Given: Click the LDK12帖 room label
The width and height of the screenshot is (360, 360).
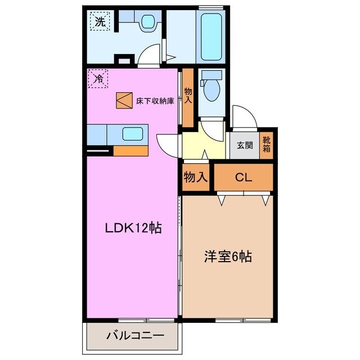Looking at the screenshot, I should (133, 228).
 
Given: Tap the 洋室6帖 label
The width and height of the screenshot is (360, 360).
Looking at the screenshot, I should (227, 257).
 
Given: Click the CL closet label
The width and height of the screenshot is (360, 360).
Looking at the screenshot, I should (243, 177).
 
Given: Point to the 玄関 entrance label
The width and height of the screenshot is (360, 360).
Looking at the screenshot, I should (244, 145).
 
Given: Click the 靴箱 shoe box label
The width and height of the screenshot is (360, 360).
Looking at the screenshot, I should (267, 145).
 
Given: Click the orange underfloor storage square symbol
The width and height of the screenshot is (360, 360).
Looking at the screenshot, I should (123, 100).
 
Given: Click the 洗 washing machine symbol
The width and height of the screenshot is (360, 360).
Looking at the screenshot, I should (100, 22).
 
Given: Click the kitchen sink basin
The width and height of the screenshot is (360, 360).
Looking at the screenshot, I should (133, 135).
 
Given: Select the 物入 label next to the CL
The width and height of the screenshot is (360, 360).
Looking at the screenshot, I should (195, 177).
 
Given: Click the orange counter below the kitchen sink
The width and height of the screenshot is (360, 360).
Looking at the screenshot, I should (130, 151).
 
